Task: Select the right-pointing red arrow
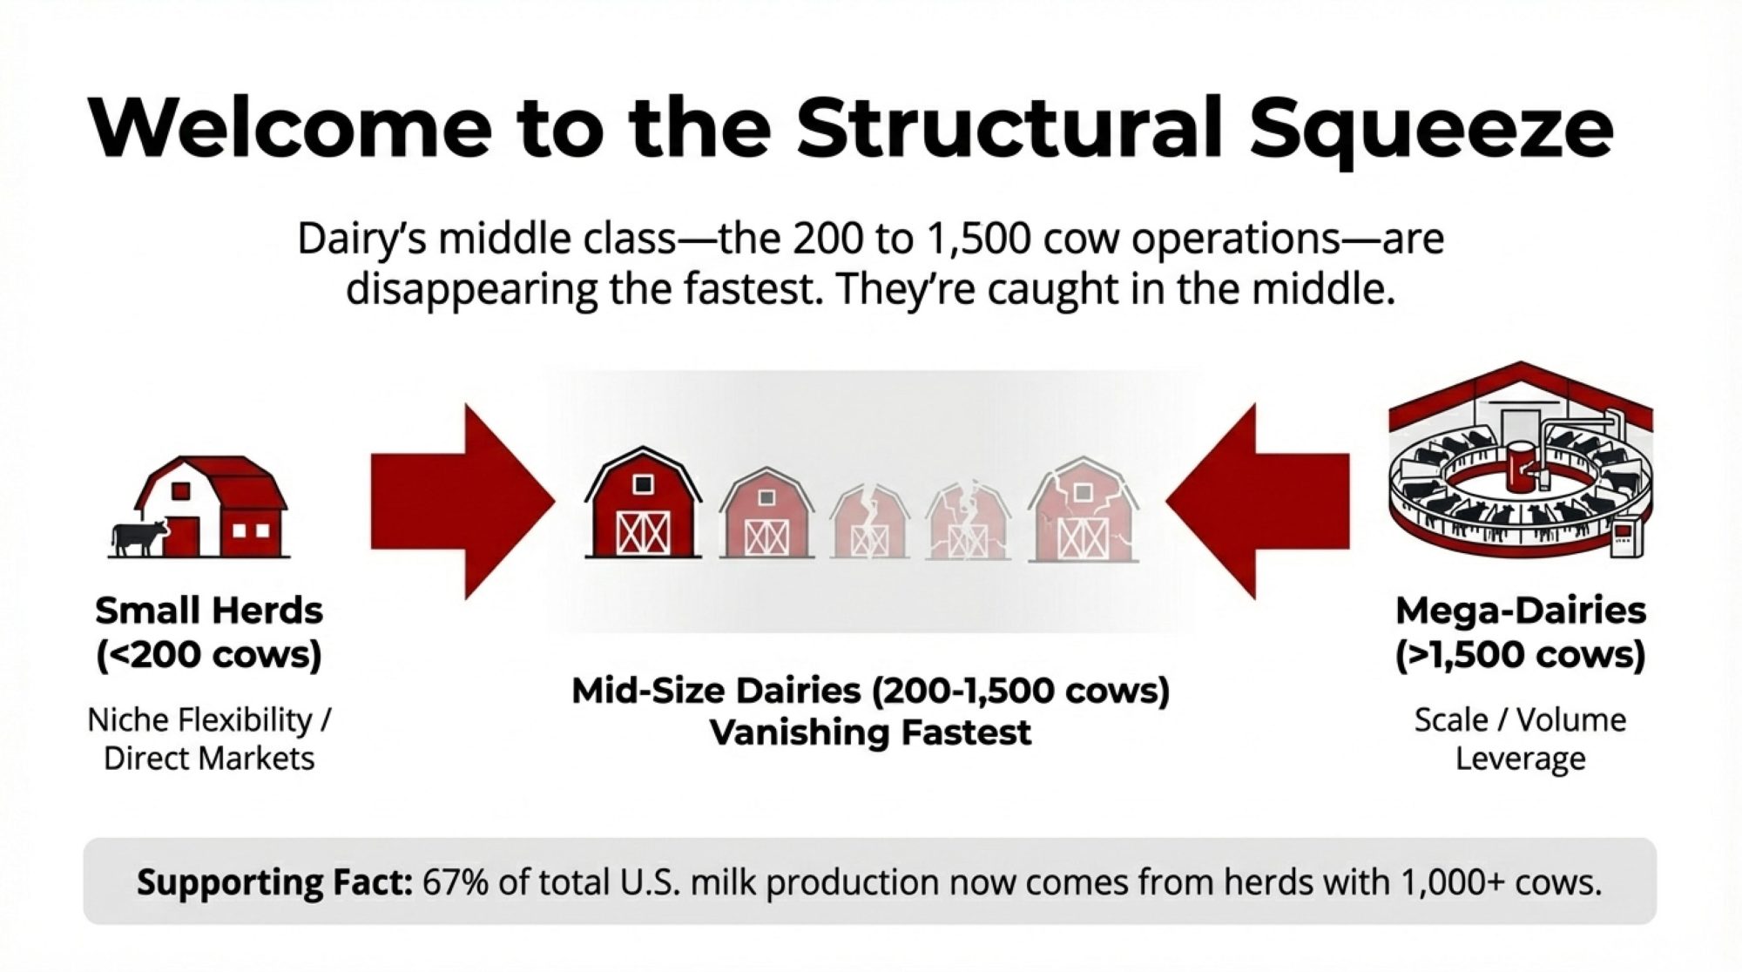coord(463,502)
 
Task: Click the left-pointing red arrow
coord(1258,502)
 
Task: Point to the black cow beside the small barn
coord(138,537)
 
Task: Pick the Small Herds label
coord(209,611)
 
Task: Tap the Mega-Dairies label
coord(1521,611)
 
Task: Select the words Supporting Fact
coord(274,883)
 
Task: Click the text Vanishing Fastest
coord(870,732)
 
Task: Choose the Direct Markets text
coord(209,759)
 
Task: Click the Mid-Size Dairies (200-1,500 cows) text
coord(870,691)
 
